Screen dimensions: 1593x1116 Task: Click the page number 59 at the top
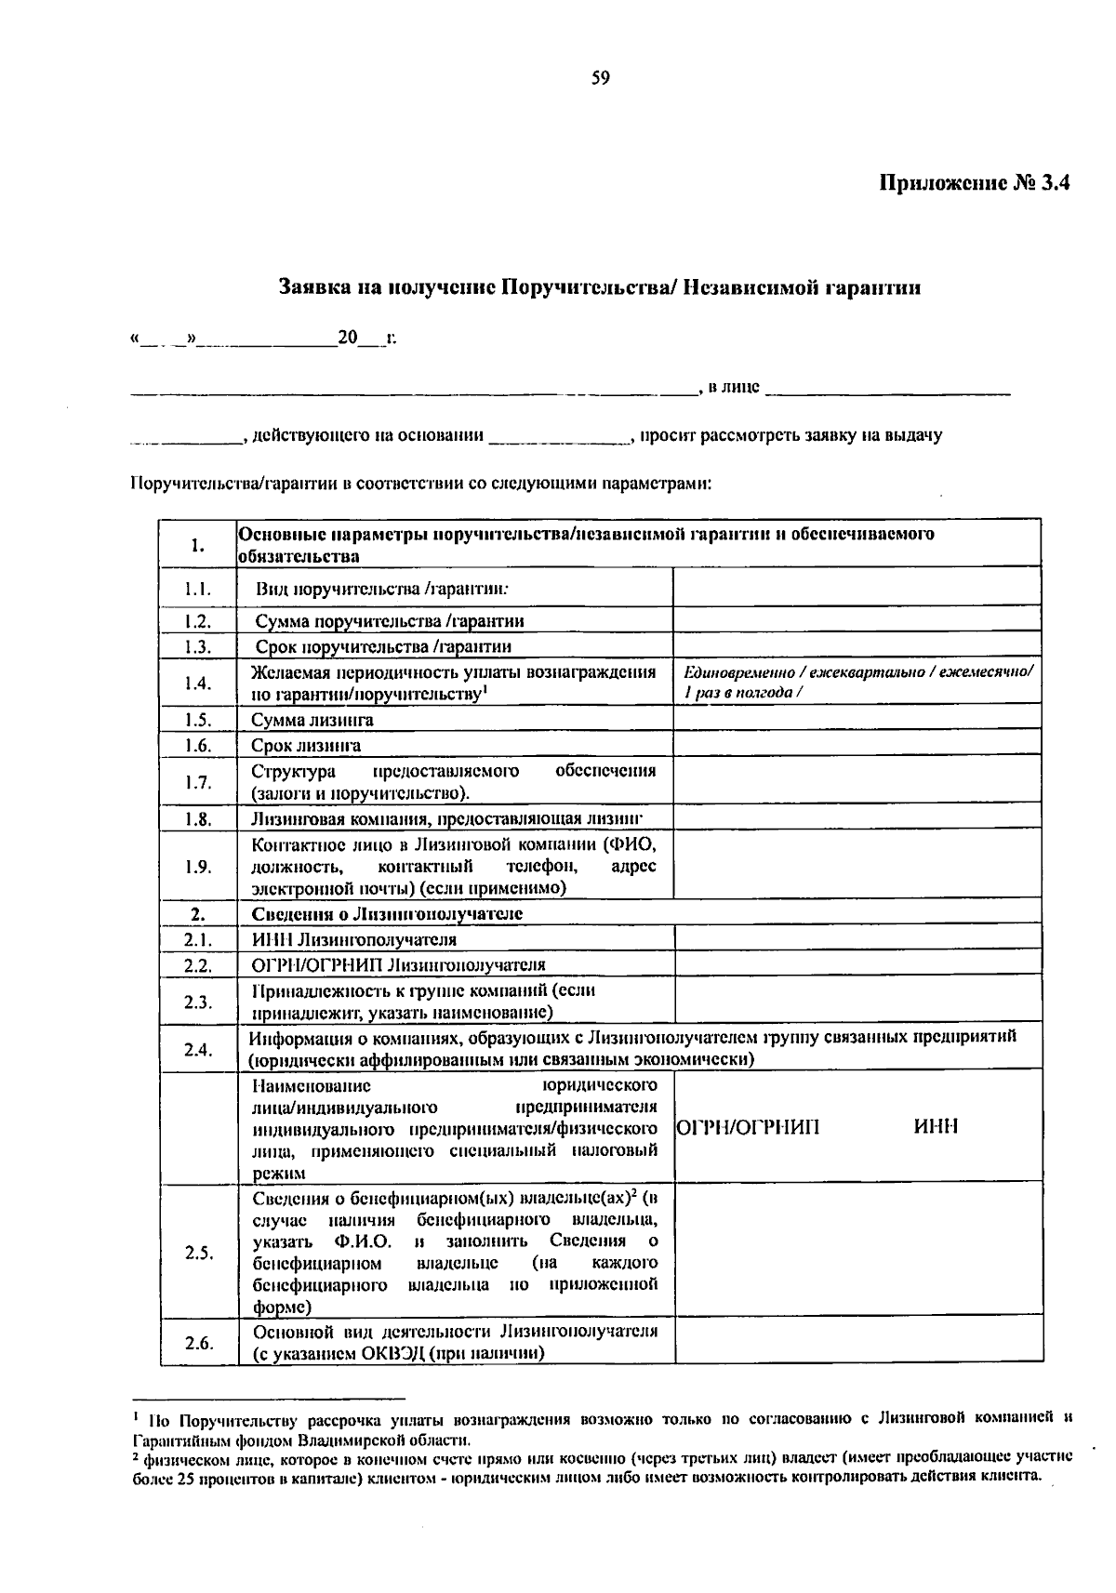tap(600, 79)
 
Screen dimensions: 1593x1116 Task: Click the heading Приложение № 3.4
tap(976, 183)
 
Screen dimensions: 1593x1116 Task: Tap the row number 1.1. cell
tap(197, 589)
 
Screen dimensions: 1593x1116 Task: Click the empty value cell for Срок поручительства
tap(856, 645)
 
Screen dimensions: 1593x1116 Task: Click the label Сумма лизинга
tap(312, 720)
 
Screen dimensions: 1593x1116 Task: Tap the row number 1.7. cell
tap(197, 781)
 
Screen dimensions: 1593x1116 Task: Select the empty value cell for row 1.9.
tap(856, 866)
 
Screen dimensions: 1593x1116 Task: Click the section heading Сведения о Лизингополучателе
tap(387, 914)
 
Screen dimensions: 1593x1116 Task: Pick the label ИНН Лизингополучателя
tap(353, 940)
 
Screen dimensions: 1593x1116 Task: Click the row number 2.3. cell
tap(197, 1002)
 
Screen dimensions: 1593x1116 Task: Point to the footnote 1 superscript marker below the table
tap(137, 1415)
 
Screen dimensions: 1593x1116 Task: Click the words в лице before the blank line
tap(733, 387)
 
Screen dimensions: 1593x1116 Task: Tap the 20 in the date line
tap(348, 339)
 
